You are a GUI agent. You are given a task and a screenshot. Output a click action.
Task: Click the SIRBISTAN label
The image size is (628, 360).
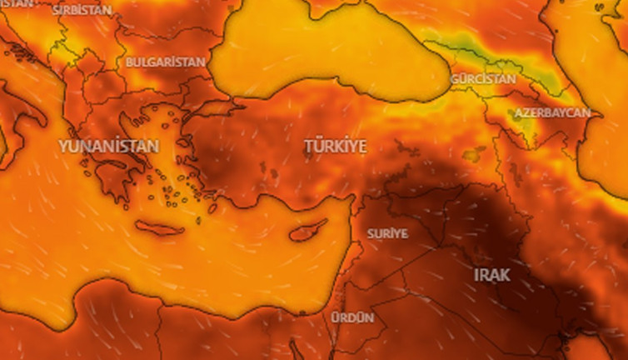(82, 11)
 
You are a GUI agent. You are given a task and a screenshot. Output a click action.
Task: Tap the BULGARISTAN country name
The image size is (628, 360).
(166, 62)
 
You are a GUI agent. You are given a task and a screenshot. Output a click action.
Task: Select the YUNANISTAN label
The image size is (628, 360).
(108, 146)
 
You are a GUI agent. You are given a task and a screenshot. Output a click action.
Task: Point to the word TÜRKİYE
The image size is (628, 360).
(335, 147)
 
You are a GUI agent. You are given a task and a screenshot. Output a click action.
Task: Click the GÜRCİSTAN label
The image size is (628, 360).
(483, 78)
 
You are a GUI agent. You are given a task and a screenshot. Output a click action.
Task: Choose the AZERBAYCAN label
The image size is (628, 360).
(551, 112)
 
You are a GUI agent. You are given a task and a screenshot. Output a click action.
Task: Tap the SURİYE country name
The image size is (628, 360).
(387, 233)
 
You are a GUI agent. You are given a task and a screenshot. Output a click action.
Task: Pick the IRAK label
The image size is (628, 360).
(491, 274)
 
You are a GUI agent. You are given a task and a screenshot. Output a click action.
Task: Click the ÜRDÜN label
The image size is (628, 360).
(351, 317)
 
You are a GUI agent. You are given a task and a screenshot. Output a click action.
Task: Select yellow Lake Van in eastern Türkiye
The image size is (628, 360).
(475, 154)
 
